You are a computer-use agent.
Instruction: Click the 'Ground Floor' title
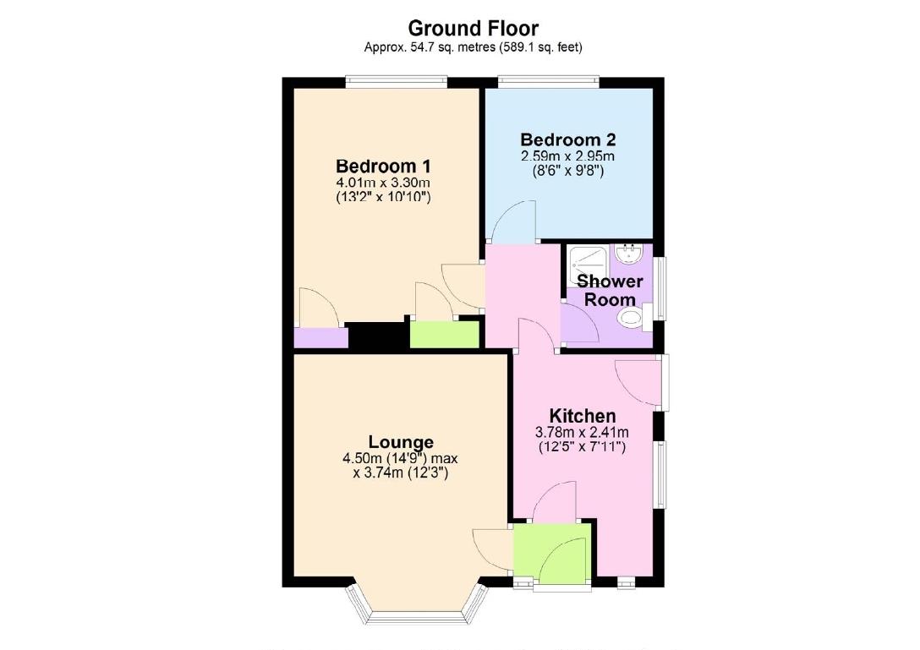tap(473, 29)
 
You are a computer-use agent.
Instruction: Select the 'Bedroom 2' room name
tap(567, 139)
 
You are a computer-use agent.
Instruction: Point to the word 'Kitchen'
tap(583, 416)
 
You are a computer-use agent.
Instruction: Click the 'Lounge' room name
tap(401, 442)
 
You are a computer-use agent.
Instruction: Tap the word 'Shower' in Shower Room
tap(609, 281)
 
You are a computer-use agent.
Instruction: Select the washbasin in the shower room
tap(630, 253)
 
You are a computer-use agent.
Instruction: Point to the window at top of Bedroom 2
tap(549, 81)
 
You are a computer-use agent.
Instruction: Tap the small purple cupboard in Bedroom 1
tap(320, 338)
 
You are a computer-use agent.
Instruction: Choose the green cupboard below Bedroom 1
tap(445, 335)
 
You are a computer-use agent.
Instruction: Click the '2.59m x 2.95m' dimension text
tap(567, 156)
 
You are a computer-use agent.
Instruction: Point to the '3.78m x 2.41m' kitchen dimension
tap(583, 433)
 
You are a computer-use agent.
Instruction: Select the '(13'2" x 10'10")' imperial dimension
tap(384, 197)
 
